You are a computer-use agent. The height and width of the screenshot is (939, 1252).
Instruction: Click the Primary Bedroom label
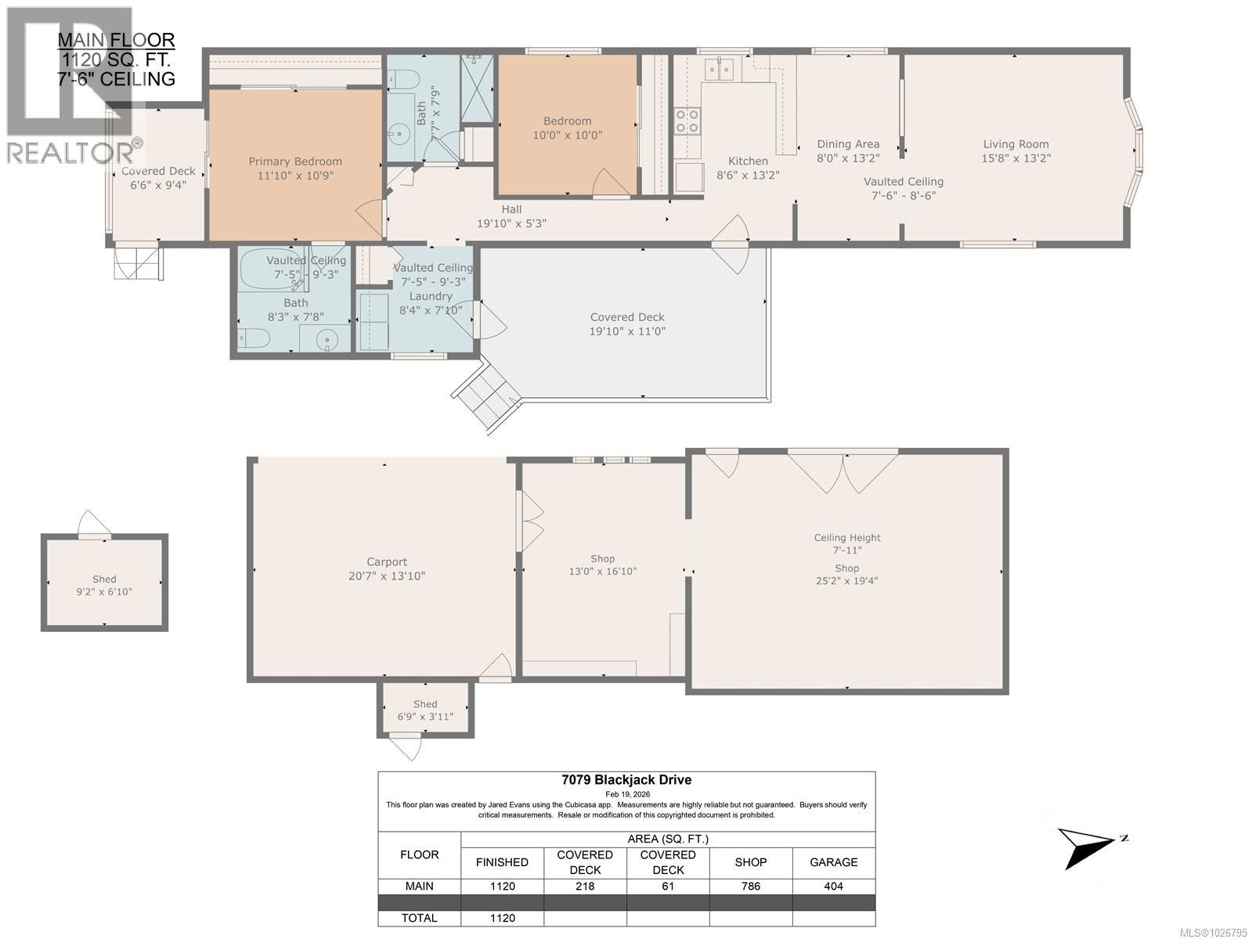(295, 161)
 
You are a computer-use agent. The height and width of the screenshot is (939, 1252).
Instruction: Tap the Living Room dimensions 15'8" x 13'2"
(1016, 158)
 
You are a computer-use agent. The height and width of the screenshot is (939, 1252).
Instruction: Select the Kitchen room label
(748, 161)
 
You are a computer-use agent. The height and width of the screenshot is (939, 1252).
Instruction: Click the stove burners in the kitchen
(687, 122)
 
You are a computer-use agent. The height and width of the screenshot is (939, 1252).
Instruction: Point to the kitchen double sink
(720, 70)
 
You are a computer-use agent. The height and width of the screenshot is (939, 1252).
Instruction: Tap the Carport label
(387, 562)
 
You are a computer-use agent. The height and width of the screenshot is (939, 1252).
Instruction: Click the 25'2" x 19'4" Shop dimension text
(846, 581)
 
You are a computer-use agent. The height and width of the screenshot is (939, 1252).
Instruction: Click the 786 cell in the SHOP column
(750, 887)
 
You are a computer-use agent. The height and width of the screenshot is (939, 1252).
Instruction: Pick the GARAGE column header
(833, 862)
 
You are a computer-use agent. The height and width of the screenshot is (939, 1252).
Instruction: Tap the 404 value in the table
(833, 887)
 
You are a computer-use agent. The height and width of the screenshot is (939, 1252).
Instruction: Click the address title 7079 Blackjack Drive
(626, 780)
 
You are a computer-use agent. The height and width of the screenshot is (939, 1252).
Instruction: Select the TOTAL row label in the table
(420, 918)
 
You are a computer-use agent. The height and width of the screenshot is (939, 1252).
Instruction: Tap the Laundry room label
(430, 296)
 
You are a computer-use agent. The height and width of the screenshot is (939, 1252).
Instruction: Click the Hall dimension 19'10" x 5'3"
(511, 223)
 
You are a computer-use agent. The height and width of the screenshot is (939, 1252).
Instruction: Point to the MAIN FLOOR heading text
(117, 40)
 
